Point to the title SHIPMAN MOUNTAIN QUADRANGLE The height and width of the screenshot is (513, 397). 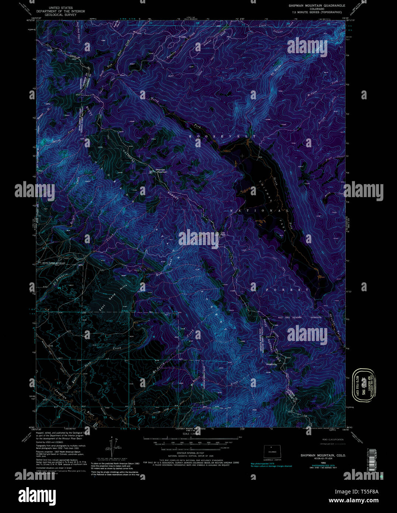coord(317,6)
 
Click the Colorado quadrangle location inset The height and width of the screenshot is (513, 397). coord(272,451)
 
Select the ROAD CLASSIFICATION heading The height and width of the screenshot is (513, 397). coord(332,440)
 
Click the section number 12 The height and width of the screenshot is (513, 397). coord(105,383)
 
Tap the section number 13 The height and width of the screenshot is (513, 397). coord(105,417)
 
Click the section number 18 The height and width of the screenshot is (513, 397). coord(153,417)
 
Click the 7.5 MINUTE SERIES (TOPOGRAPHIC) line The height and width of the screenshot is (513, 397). coord(317,12)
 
